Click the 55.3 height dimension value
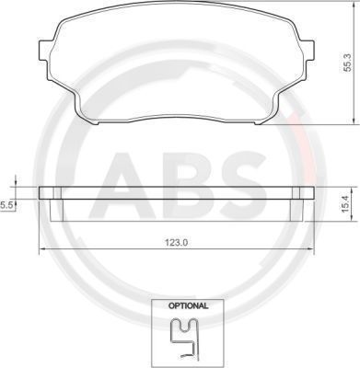point(346,67)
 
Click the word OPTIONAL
point(188,305)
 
